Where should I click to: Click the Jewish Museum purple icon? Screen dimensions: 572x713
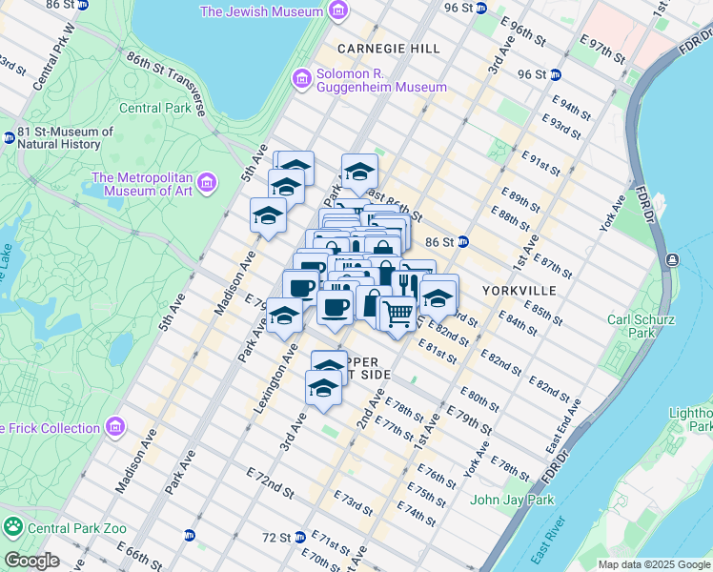pyautogui.click(x=336, y=11)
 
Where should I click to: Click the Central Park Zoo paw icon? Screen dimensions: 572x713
pyautogui.click(x=13, y=525)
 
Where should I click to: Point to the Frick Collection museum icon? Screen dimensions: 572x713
pyautogui.click(x=117, y=425)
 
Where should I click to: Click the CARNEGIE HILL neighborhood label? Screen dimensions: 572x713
pyautogui.click(x=380, y=48)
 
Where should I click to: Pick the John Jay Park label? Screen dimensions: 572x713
pyautogui.click(x=512, y=499)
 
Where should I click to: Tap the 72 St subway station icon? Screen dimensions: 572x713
pyautogui.click(x=299, y=537)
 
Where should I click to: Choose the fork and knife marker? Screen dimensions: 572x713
pyautogui.click(x=409, y=281)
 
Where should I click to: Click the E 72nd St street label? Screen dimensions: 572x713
pyautogui.click(x=269, y=480)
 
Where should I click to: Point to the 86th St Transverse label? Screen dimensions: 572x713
pyautogui.click(x=167, y=76)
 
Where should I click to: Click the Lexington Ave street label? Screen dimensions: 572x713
pyautogui.click(x=275, y=361)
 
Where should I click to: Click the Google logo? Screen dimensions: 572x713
pyautogui.click(x=32, y=561)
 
